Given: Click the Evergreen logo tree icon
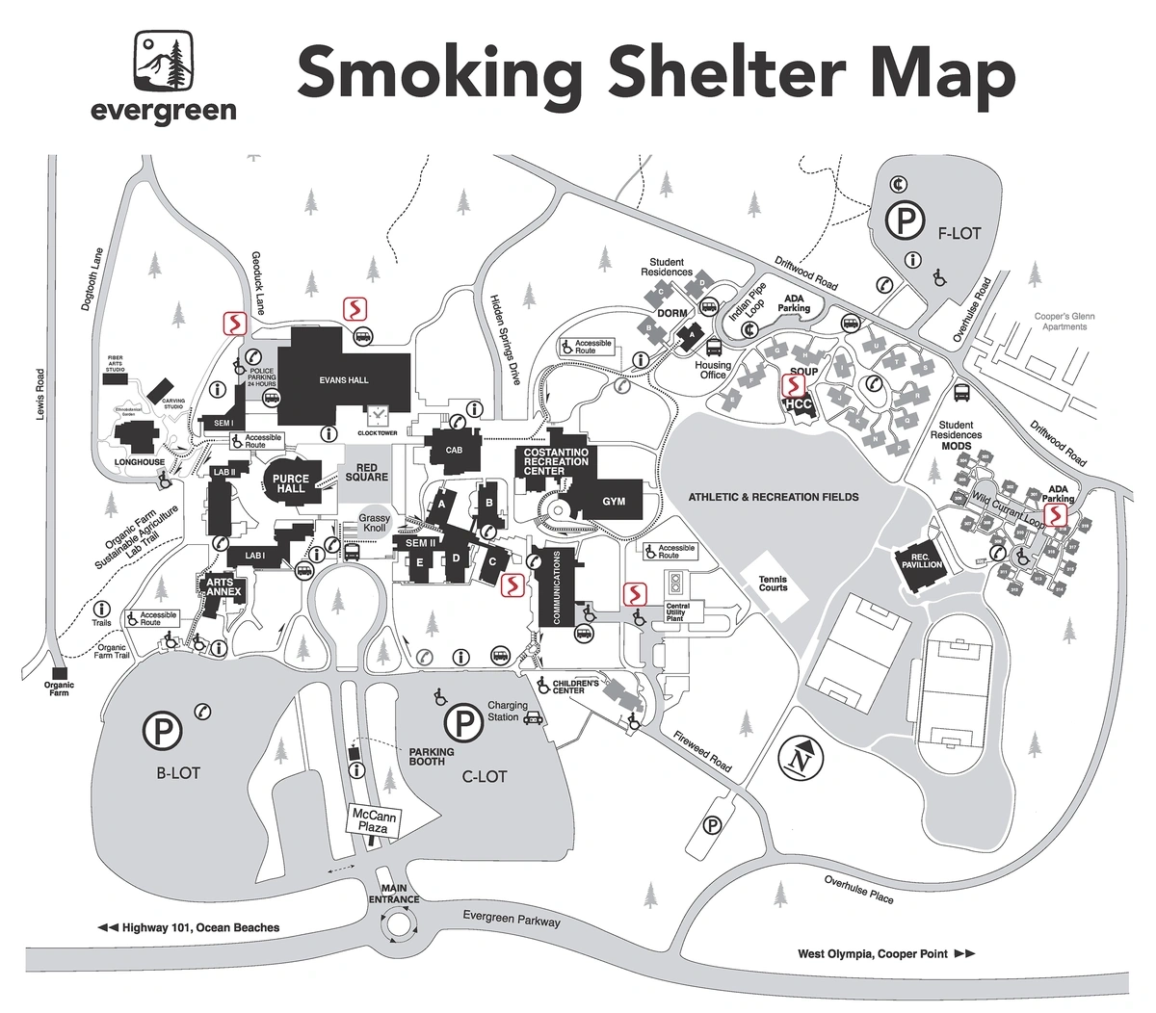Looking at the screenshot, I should coord(163,60).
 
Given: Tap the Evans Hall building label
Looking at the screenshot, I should coord(344,380).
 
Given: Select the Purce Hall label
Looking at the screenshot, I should coord(290,483).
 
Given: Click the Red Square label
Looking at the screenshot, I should coord(365,473).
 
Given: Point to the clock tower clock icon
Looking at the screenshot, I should coord(378,414).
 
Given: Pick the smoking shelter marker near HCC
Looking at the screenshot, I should coord(793,386).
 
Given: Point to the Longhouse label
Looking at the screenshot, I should coord(140,462).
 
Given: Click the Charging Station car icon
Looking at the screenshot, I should coord(534,717).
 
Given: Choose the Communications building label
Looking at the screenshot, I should coord(555,588).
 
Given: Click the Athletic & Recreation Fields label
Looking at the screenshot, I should coord(773,497).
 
